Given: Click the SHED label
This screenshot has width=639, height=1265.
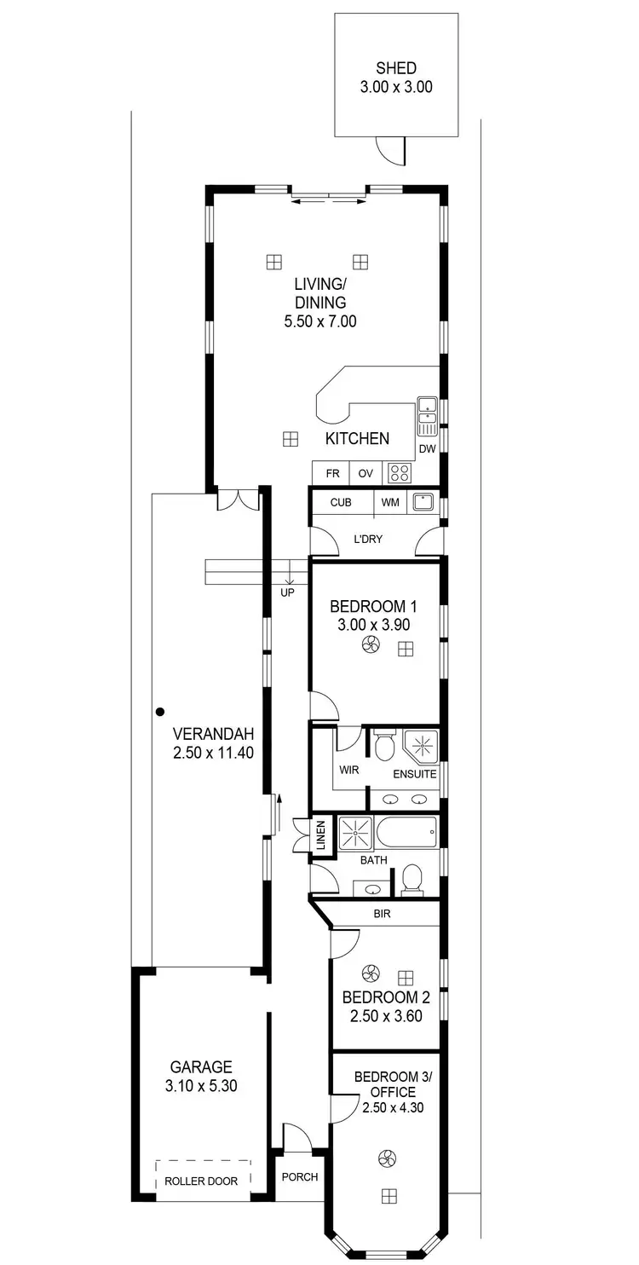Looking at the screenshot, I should pos(396,68).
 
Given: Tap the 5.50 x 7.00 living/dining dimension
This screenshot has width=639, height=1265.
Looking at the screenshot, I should pos(319,321).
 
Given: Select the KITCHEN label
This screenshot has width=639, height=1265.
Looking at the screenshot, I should pos(357,439).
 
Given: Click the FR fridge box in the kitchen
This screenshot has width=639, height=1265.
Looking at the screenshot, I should pos(332,473).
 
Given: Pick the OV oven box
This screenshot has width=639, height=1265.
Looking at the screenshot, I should pos(366,473).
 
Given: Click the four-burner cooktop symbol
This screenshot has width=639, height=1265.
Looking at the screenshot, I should pos(399,472).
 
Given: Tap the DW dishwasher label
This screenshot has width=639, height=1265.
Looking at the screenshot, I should pos(427,449).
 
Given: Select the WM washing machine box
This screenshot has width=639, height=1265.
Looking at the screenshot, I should pos(390,502).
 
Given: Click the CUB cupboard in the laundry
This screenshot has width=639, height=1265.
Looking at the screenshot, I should pos(341,502).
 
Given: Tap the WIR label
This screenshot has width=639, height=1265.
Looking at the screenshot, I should pos(348,770).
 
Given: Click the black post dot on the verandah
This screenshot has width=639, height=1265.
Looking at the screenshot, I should pos(159,711).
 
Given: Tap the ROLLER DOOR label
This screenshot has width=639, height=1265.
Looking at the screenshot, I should pos(202,1181).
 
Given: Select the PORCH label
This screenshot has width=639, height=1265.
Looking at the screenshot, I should pos(299,1176).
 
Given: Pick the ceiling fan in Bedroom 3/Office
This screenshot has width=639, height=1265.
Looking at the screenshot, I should pos(385,1158).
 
